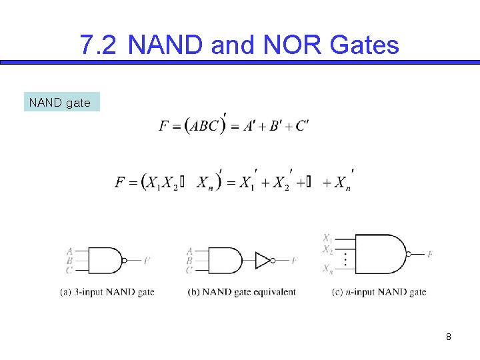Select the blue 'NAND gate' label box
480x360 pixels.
click(x=61, y=102)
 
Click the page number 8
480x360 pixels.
click(x=449, y=337)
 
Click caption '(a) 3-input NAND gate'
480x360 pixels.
click(x=107, y=292)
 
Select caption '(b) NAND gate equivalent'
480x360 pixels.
click(x=243, y=292)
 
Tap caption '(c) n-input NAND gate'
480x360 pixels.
click(x=379, y=292)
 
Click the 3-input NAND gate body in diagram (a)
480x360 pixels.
click(x=103, y=260)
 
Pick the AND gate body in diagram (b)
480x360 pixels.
click(x=225, y=260)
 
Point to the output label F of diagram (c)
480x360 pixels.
click(x=430, y=254)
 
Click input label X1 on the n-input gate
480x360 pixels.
click(x=327, y=238)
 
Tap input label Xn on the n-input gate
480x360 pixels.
click(x=327, y=269)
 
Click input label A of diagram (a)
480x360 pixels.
click(x=69, y=251)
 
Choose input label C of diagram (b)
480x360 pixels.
click(x=189, y=270)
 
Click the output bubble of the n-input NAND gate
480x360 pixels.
click(x=409, y=254)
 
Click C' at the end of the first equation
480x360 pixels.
click(x=301, y=125)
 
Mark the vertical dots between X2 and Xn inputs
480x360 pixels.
click(x=345, y=259)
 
